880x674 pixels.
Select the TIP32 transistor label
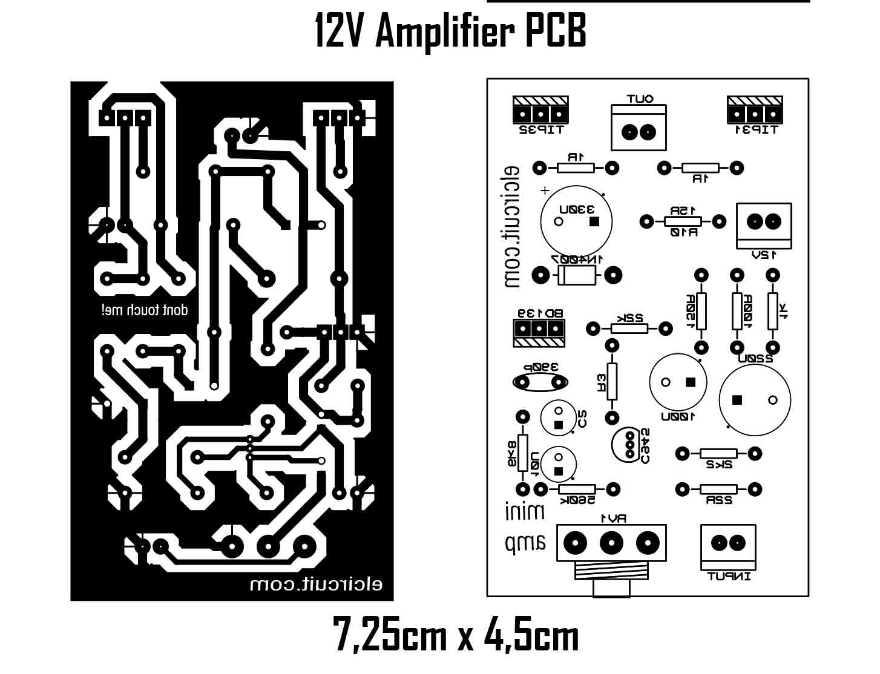pos(540,129)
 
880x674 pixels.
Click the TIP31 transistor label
pos(755,129)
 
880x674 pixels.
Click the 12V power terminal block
pos(764,222)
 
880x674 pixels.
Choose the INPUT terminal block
pos(728,543)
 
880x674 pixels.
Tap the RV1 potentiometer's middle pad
pos(611,542)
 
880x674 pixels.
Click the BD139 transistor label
pos(539,313)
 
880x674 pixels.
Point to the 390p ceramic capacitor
pos(540,382)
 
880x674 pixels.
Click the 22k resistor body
pos(629,329)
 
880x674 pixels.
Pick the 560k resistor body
pos(577,489)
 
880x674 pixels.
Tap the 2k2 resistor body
pos(718,453)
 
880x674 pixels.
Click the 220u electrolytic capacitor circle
pos(755,399)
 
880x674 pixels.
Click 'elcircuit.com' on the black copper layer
pos(315,585)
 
